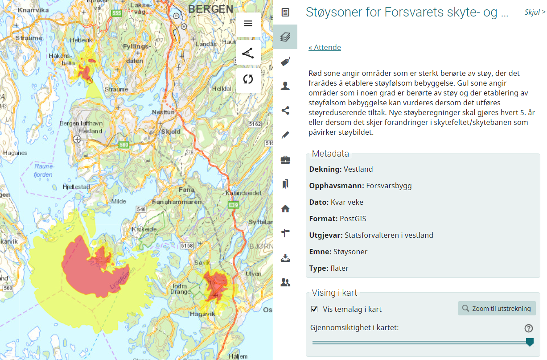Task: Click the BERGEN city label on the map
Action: [210, 9]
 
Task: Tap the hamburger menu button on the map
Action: [248, 24]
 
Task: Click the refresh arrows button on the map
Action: [248, 80]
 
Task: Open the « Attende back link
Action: [325, 47]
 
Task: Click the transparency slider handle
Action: [530, 342]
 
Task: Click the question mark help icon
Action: [529, 328]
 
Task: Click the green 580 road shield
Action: [124, 145]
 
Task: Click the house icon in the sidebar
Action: [285, 208]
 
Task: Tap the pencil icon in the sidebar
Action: [285, 135]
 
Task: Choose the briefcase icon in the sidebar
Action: [285, 159]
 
